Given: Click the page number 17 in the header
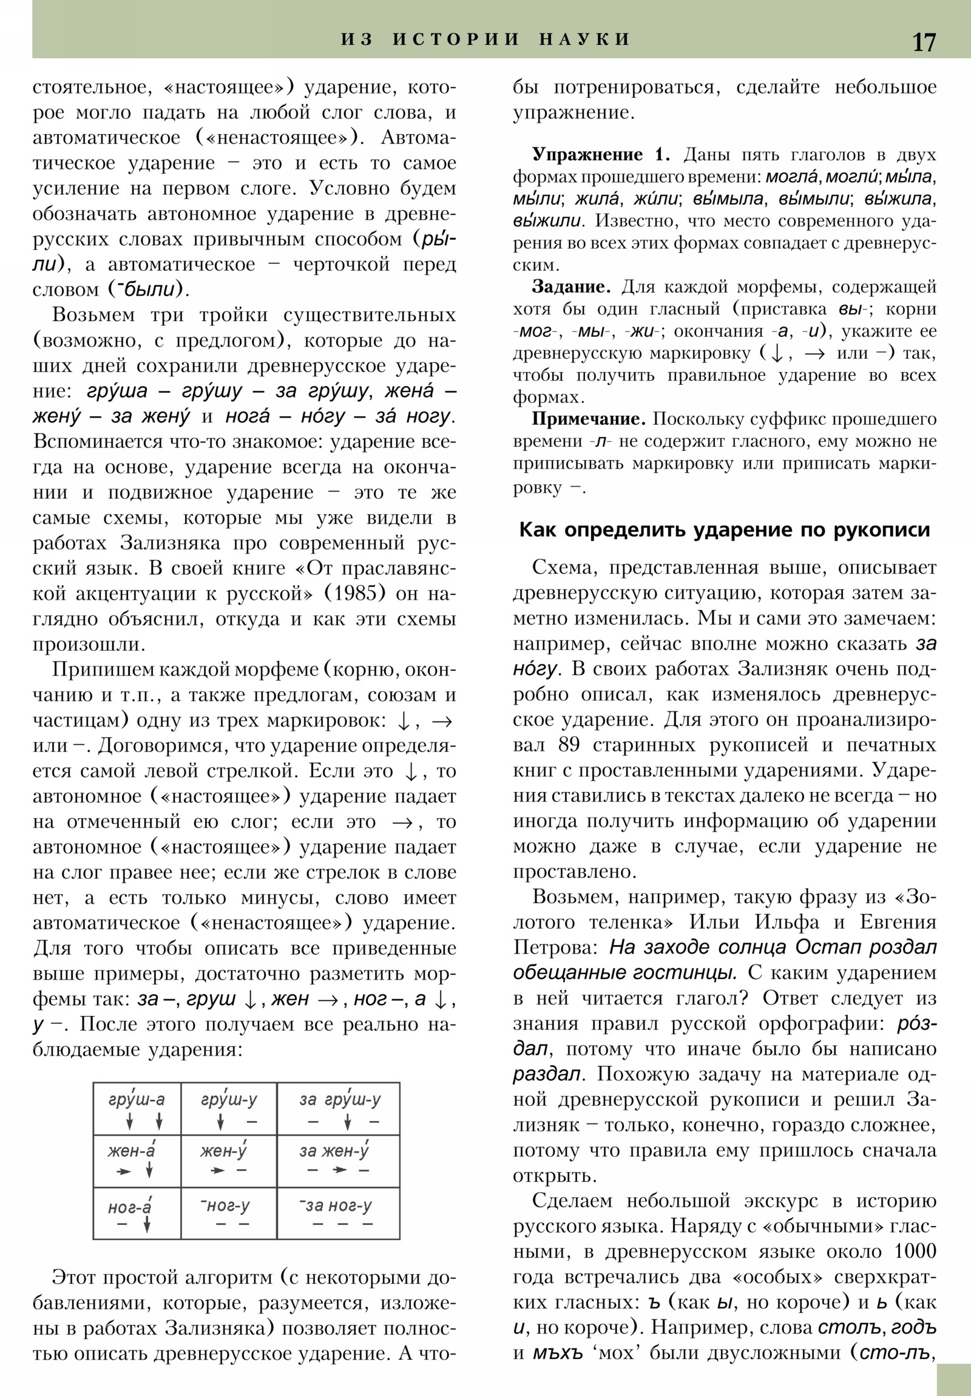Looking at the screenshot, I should click(x=924, y=42).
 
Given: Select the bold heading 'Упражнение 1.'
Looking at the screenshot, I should click(x=601, y=155).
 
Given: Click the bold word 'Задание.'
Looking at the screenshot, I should click(x=572, y=287).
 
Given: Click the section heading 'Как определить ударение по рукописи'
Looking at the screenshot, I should click(x=724, y=530).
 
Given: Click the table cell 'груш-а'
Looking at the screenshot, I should click(x=137, y=1108).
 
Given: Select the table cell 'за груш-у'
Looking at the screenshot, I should click(x=339, y=1108).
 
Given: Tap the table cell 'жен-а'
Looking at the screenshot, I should click(x=137, y=1160).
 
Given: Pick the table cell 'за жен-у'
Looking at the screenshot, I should click(x=339, y=1160).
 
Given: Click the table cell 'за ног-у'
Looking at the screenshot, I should click(x=339, y=1212).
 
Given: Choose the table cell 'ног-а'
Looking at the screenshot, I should click(x=137, y=1212).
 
